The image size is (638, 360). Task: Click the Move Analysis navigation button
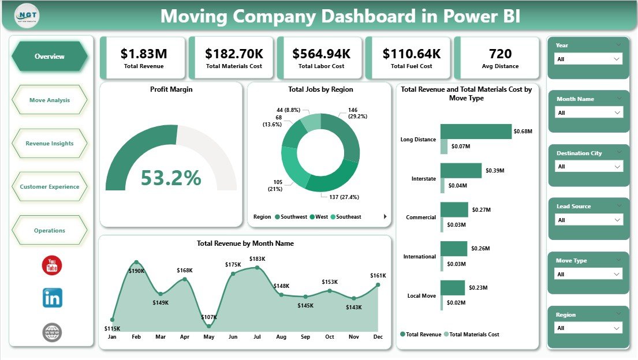coord(50,100)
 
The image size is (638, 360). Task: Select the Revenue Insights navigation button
coord(50,144)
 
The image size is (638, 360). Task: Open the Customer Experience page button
coord(50,187)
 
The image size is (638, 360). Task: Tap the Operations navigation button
coord(50,231)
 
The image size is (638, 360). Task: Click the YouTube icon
coord(52,265)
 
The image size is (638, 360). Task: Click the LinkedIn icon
coord(52,298)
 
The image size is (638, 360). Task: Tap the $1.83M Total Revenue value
coord(144,54)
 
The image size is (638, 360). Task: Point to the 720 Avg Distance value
coord(500,54)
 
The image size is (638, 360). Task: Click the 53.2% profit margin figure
coord(171,178)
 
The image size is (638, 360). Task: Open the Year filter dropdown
coord(588,59)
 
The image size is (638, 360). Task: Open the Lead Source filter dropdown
coord(588,220)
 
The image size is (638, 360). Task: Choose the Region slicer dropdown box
coord(588,328)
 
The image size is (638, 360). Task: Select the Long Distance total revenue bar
coord(476,132)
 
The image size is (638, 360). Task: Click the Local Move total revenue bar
coord(452,287)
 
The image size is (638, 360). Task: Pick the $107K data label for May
coord(209,317)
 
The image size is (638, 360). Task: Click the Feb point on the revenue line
coord(136,262)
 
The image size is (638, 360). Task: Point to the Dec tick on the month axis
coord(378,336)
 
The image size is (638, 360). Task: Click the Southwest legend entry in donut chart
coord(293,217)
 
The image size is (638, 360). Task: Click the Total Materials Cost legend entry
coord(473,335)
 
